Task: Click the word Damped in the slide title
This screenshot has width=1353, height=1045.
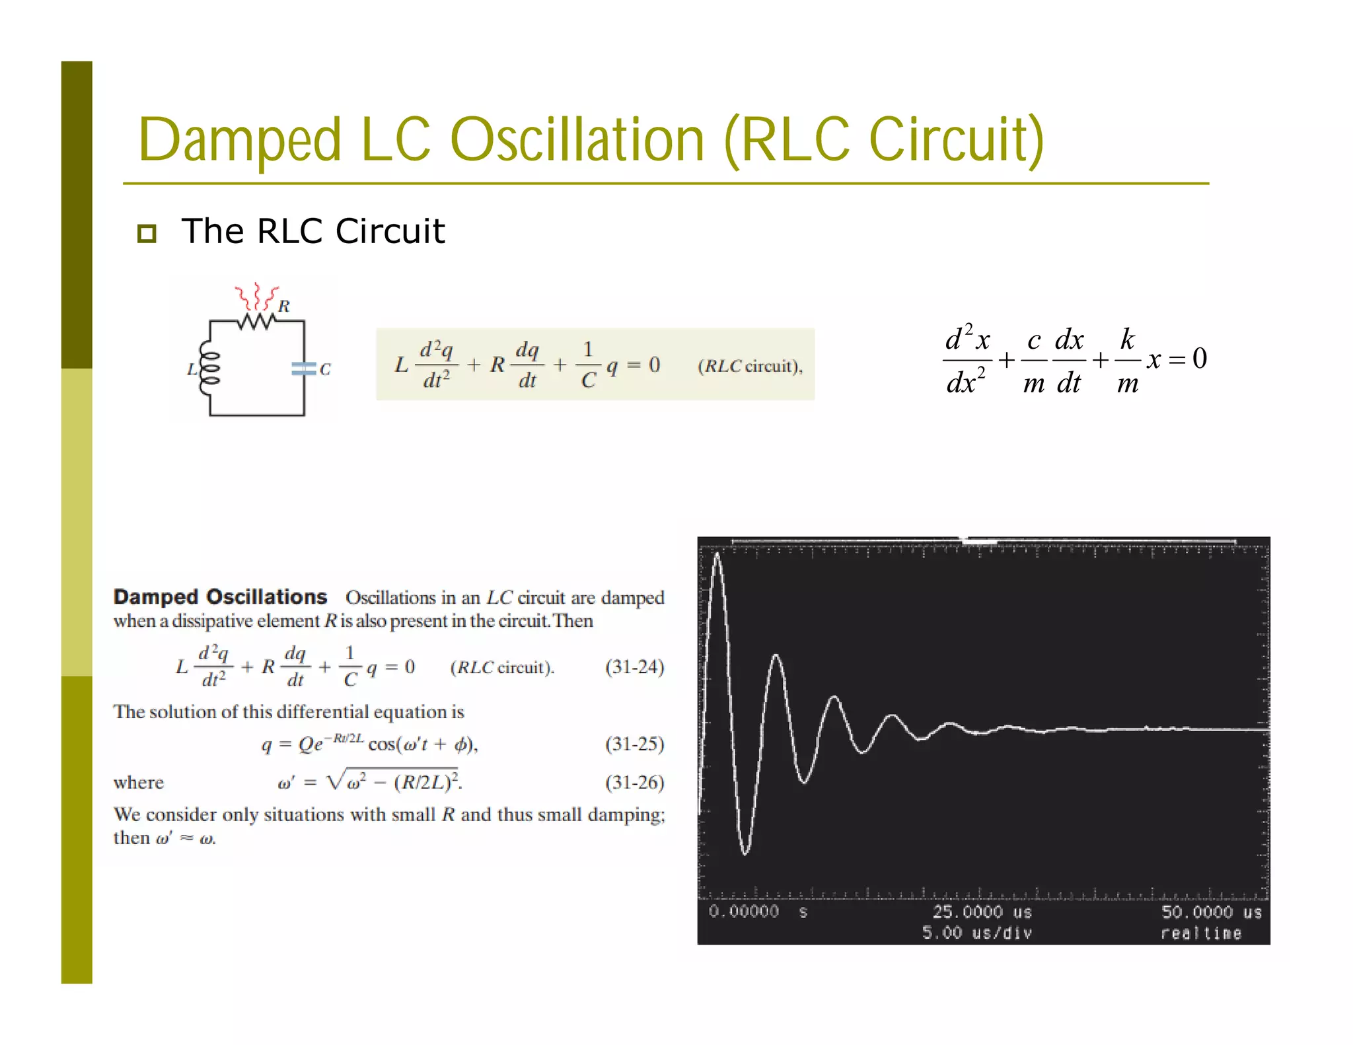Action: point(240,140)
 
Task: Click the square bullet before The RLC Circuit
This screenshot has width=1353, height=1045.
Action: point(147,233)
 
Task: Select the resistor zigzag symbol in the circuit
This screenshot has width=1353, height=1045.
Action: point(257,321)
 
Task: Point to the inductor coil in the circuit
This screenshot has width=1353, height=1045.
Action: point(209,368)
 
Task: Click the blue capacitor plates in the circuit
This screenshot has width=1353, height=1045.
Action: point(304,369)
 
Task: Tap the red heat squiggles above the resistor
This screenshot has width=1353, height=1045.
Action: point(256,295)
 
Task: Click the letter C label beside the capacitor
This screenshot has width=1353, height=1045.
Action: point(325,369)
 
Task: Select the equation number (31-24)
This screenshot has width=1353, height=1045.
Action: point(634,667)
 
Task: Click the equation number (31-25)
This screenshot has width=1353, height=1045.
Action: point(634,744)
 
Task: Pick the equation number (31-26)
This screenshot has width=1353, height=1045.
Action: point(634,782)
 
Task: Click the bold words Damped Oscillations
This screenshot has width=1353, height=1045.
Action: point(220,596)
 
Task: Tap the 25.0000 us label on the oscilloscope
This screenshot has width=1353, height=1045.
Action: point(981,912)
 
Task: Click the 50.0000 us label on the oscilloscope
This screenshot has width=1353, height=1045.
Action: point(1211,912)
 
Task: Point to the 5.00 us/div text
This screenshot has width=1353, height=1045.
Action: point(976,933)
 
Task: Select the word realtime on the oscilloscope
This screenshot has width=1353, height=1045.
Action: point(1201,933)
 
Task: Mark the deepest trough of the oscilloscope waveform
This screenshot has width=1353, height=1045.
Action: point(745,853)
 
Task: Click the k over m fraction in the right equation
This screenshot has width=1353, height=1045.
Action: point(1128,361)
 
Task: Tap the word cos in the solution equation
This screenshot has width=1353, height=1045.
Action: point(381,744)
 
